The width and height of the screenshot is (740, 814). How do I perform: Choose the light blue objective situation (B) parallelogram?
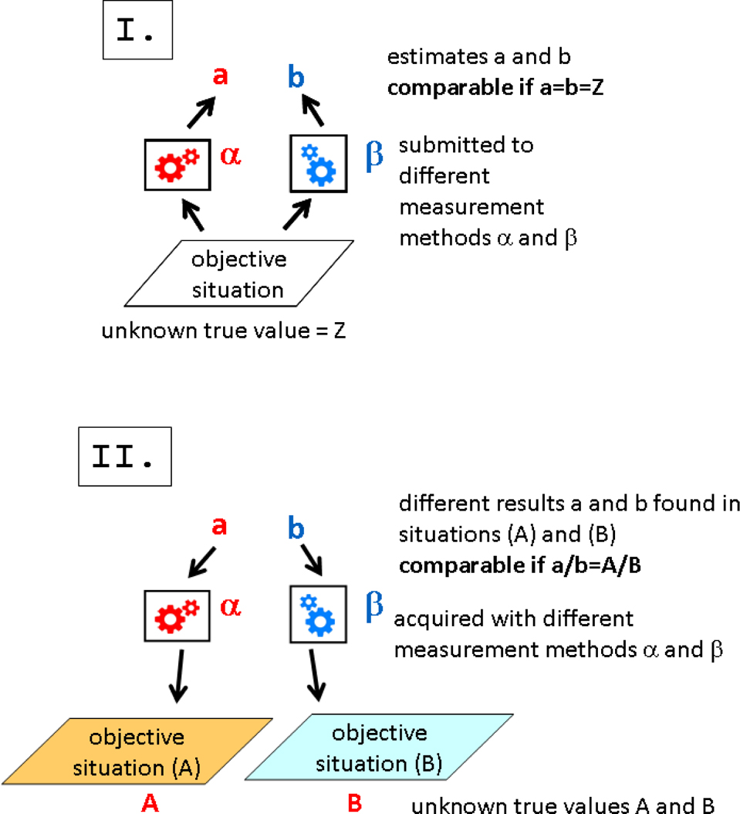coord(378,746)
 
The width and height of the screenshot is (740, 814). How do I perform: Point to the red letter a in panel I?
coord(219,76)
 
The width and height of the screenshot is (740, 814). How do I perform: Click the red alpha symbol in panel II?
coord(231,607)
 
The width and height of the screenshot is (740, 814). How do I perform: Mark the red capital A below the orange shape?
coord(150,804)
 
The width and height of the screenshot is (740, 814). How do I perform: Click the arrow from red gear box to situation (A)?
coord(178,676)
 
